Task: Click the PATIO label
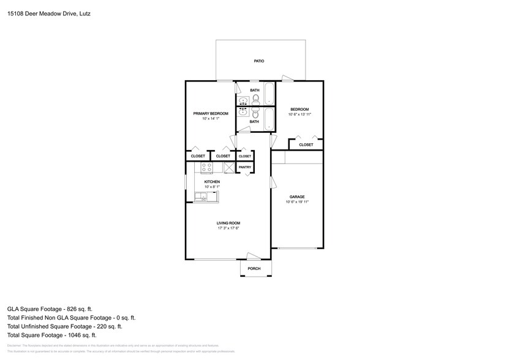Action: [259, 61]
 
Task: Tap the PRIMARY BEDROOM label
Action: [211, 113]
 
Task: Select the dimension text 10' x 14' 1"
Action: [211, 119]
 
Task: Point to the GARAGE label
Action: [297, 197]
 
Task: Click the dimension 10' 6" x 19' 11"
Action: [297, 202]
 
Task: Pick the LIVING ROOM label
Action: [228, 223]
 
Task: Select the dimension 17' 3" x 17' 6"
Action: [228, 228]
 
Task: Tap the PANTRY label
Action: [244, 167]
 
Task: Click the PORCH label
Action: [254, 269]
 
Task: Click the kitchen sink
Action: [202, 197]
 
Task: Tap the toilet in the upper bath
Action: [255, 99]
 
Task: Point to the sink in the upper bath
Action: [243, 101]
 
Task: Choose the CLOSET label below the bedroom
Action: [306, 144]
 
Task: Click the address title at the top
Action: [46, 12]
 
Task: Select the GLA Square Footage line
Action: [50, 309]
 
